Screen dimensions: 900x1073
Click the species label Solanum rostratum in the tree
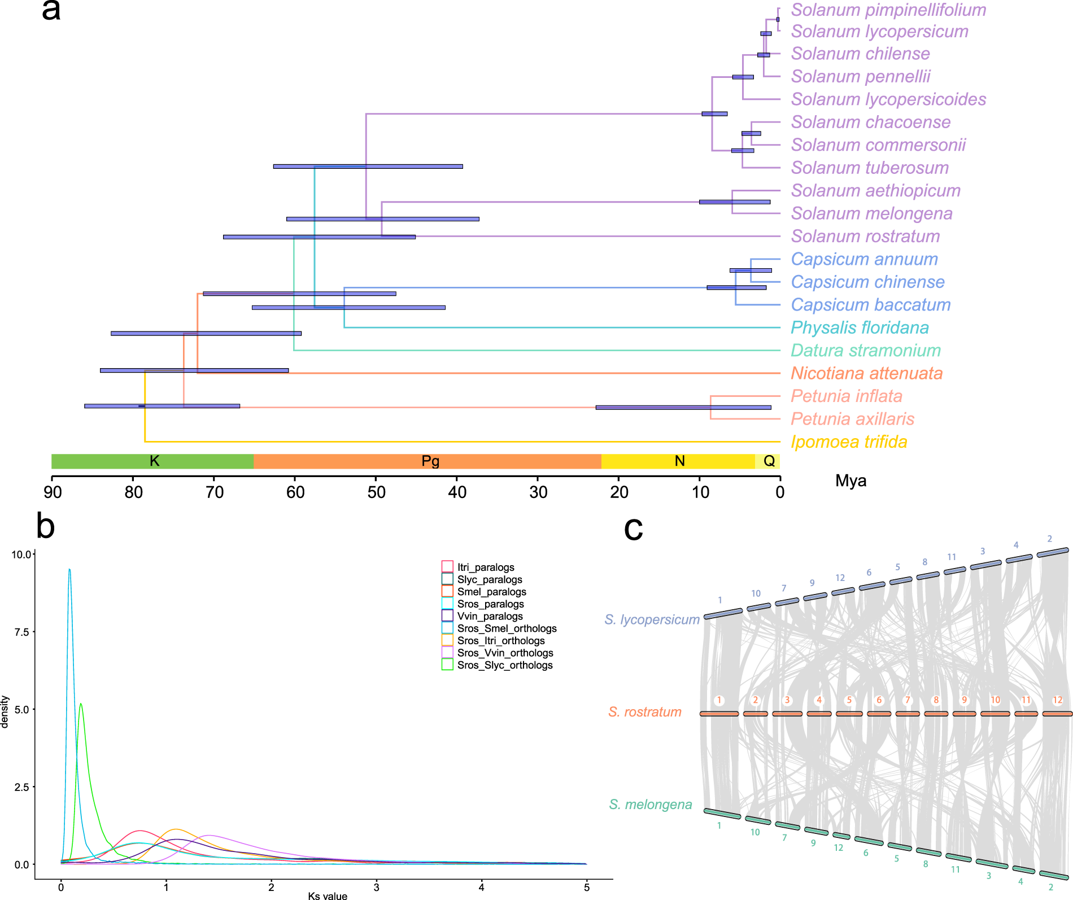click(x=865, y=237)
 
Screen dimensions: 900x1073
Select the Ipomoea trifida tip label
click(x=849, y=442)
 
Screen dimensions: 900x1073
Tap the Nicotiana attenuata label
click(x=866, y=373)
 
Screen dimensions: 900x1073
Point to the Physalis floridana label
click(x=860, y=327)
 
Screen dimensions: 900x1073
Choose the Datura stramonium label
click(x=865, y=351)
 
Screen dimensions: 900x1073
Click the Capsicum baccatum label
click(x=870, y=305)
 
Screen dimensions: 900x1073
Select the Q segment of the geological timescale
click(x=769, y=461)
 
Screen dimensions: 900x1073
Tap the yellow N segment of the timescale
click(x=679, y=461)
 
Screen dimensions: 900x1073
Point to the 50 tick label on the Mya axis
click(x=376, y=492)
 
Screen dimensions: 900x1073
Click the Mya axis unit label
click(x=850, y=481)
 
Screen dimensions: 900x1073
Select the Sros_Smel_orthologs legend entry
click(x=506, y=628)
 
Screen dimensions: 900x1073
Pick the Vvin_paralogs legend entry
click(x=489, y=616)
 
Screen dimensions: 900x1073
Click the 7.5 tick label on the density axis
click(x=22, y=632)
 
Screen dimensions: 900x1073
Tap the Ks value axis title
click(x=328, y=895)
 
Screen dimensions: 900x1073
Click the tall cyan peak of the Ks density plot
click(x=69, y=570)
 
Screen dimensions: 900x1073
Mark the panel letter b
click(x=45, y=526)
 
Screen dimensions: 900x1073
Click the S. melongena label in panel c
click(x=650, y=805)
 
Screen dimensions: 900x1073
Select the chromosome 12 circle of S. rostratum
click(x=1057, y=700)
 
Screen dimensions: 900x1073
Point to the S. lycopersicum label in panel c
click(x=652, y=619)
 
